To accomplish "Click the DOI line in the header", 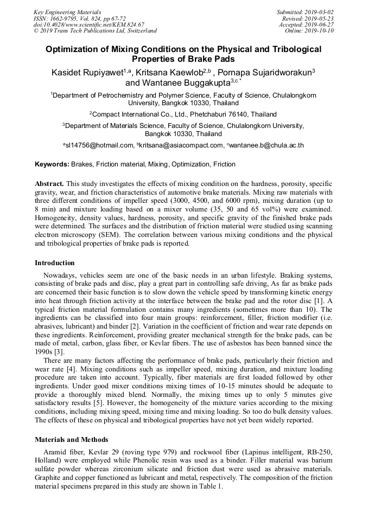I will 88,25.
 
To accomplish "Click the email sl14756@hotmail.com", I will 100,145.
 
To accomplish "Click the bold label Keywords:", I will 52,164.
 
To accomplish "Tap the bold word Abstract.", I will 49,184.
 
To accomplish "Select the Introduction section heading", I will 55,263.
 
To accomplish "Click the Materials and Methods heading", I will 71,439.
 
